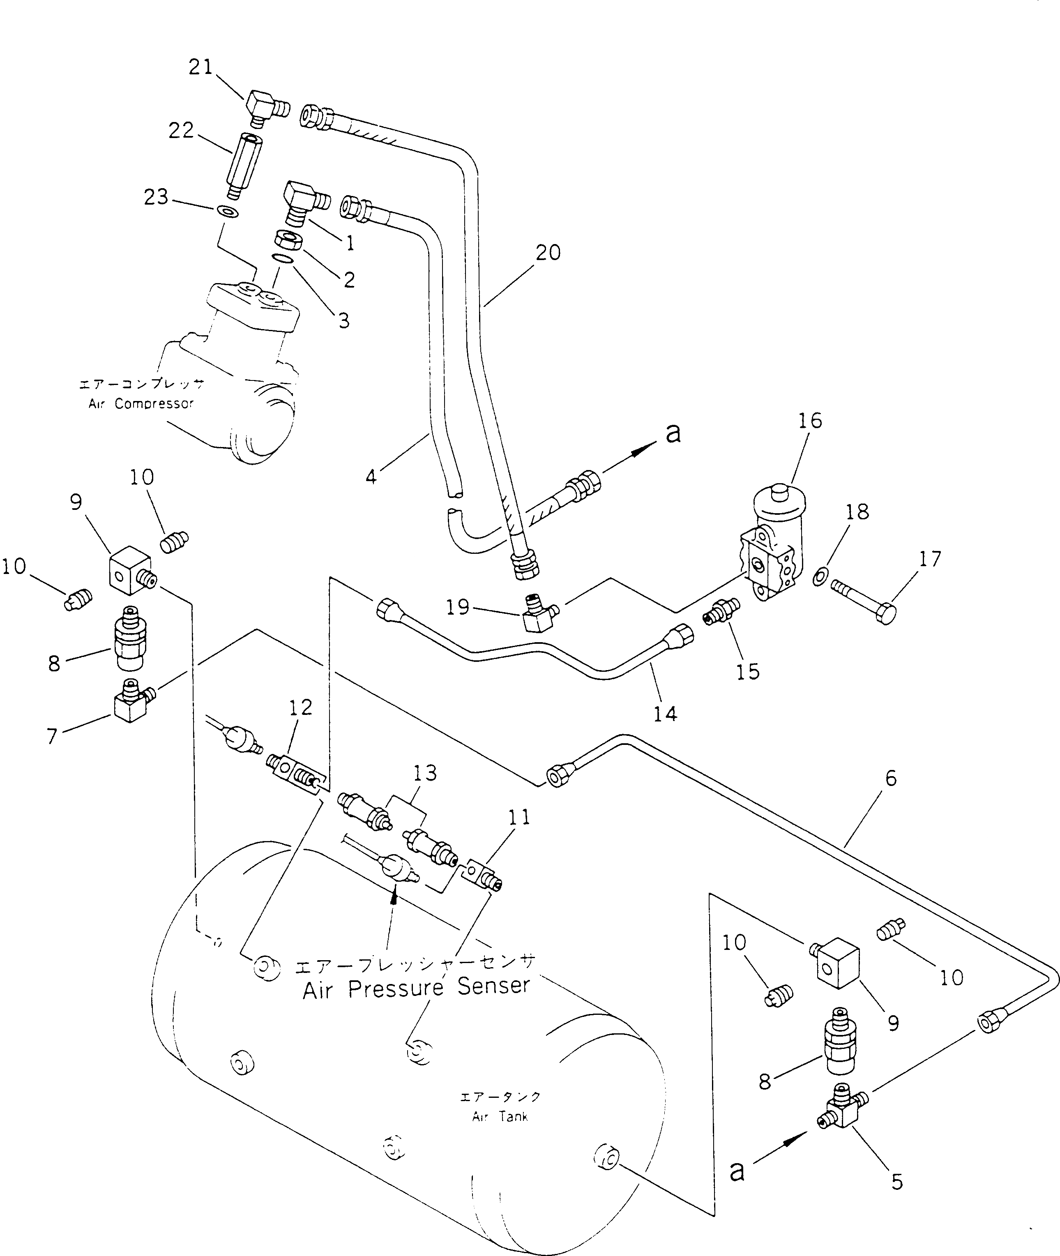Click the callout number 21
[x=201, y=67]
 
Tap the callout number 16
[x=809, y=421]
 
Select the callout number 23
[x=156, y=196]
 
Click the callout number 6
[x=891, y=778]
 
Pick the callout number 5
[x=896, y=1182]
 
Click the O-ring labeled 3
[x=282, y=258]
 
